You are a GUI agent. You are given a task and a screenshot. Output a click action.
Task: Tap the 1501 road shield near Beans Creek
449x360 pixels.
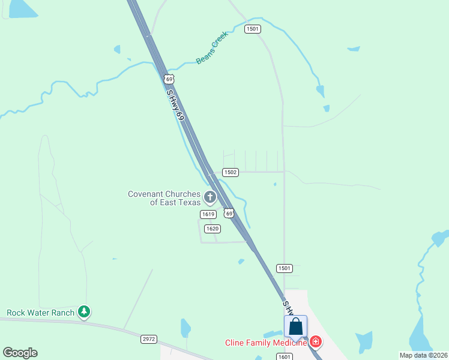[253, 29]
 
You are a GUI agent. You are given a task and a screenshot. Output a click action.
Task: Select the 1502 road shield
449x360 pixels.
[231, 172]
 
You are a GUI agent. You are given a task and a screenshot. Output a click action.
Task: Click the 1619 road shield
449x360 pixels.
[208, 214]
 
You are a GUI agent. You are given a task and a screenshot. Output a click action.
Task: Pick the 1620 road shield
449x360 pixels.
[212, 229]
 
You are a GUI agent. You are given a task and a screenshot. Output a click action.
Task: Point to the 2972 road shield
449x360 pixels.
[149, 339]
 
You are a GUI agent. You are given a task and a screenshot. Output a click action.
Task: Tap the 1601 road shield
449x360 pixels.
[285, 356]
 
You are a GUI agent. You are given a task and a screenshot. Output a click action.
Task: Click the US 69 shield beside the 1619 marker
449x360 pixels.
[228, 213]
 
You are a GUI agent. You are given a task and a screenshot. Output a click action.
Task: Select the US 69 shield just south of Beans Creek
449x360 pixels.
[169, 79]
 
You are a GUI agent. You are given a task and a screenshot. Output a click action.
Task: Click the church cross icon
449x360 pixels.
[210, 196]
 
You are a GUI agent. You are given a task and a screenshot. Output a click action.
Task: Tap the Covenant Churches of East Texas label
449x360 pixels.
[164, 198]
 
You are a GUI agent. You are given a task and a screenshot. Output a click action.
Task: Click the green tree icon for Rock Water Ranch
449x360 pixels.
[85, 312]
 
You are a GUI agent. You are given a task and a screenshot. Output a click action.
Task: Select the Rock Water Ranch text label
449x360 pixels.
[40, 313]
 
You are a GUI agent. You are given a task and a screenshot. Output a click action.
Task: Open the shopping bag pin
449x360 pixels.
[295, 328]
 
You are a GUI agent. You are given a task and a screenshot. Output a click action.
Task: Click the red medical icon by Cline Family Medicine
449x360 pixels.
[316, 343]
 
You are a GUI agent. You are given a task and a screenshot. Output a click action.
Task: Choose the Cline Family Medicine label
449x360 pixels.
[266, 343]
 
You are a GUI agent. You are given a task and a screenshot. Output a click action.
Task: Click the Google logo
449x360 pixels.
[20, 353]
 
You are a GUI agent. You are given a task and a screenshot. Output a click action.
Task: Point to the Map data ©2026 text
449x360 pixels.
[423, 355]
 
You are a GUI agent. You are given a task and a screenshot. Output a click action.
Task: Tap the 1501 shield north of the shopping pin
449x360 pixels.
[285, 268]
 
